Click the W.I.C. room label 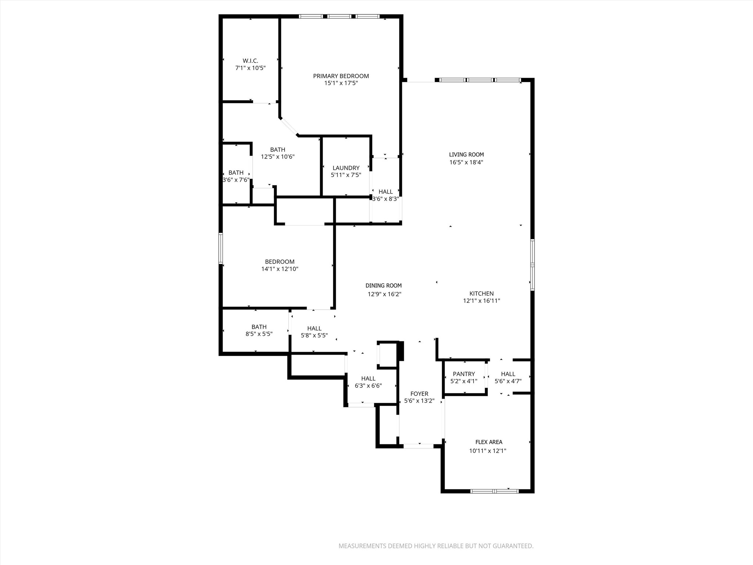[250, 61]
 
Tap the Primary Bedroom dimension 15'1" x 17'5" [341, 83]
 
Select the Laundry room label [346, 168]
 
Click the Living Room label [466, 155]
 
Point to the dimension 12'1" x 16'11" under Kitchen [481, 301]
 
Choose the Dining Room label [383, 286]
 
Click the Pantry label [464, 374]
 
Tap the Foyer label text [419, 394]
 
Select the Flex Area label [489, 442]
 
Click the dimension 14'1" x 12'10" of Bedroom [279, 269]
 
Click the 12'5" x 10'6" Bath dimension [278, 157]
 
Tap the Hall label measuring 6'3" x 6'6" [368, 379]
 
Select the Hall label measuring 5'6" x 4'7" [508, 374]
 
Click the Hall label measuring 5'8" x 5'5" [314, 328]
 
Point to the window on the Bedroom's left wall [221, 248]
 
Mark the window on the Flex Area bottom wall [495, 491]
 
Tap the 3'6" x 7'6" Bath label [236, 173]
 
